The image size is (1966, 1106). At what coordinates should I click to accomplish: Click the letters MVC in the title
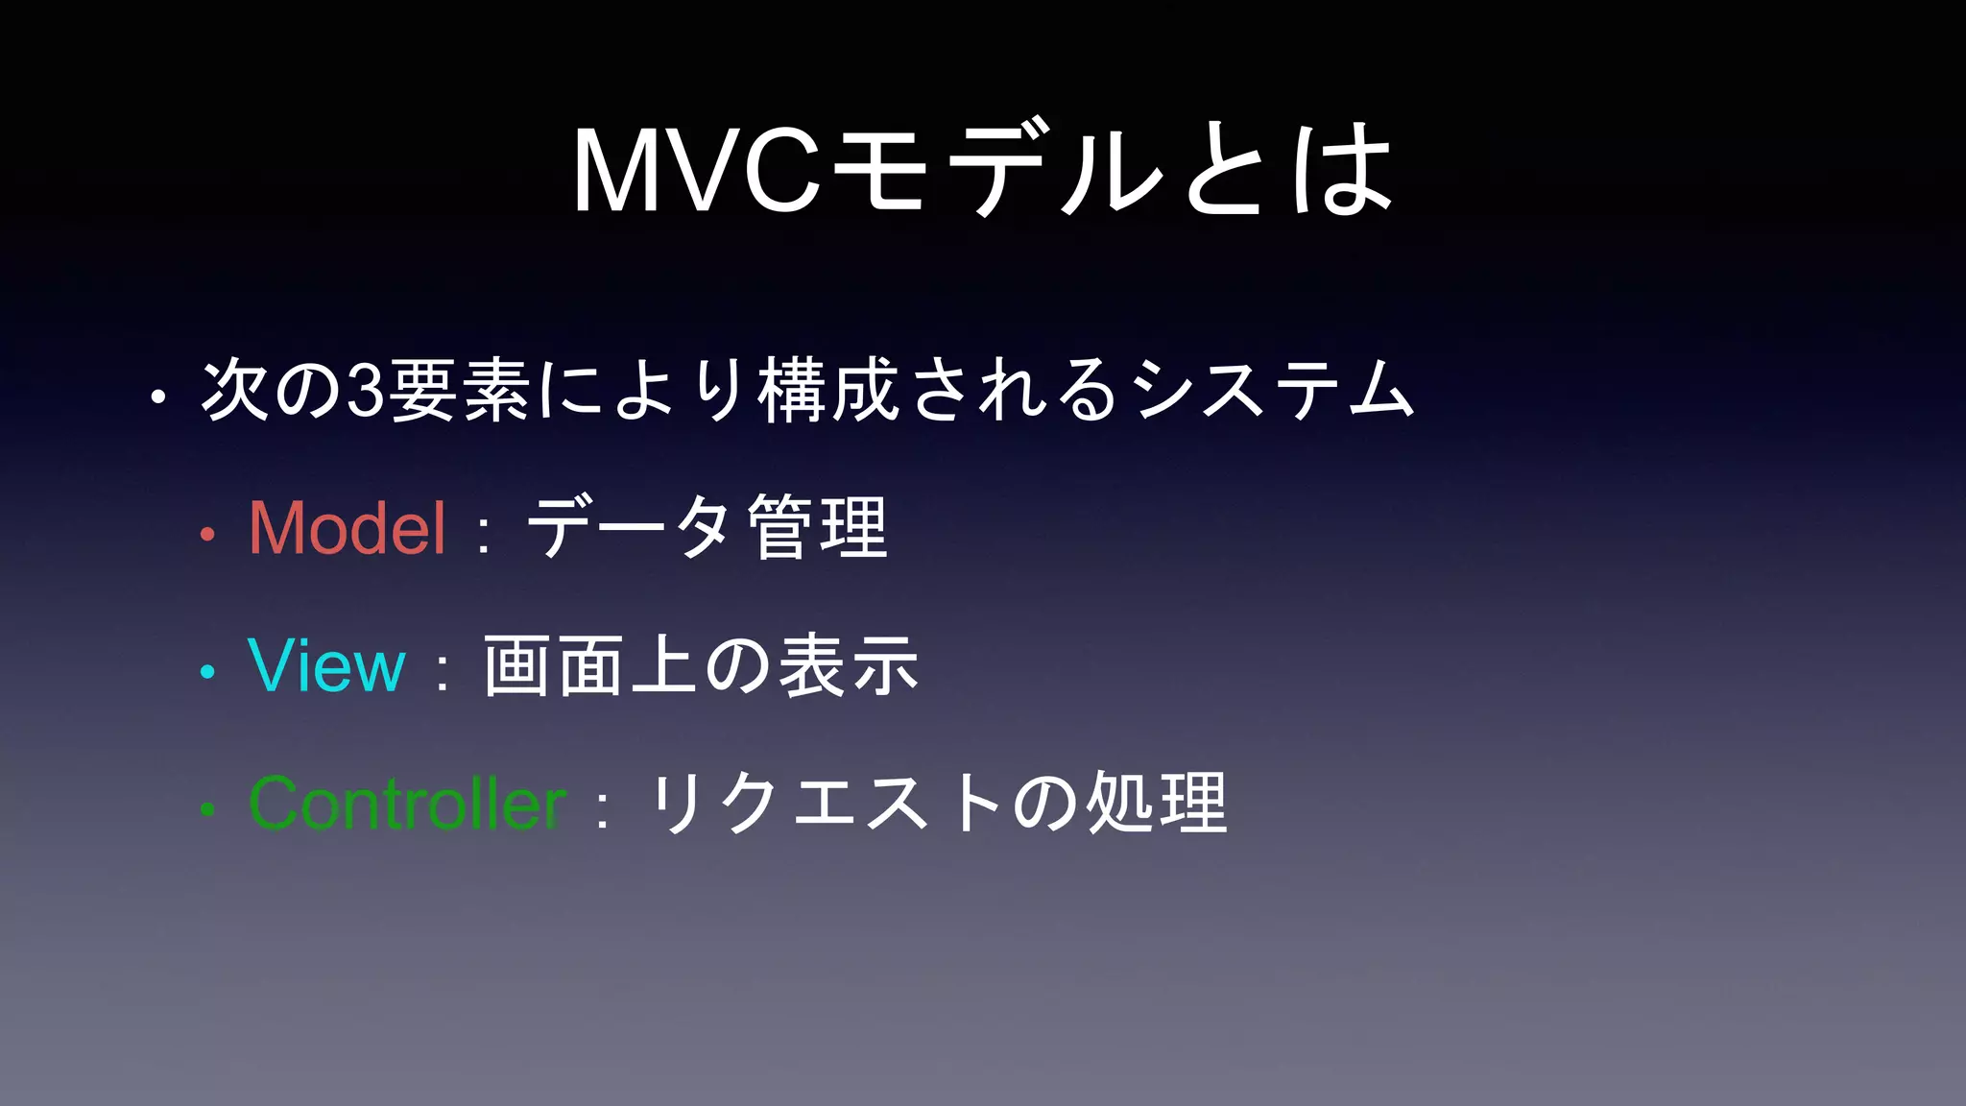697,171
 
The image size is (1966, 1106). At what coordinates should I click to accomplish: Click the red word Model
348,528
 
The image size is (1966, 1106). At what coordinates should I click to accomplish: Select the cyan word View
326,665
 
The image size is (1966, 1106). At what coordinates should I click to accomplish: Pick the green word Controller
407,804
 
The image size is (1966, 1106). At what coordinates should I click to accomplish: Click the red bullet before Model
207,535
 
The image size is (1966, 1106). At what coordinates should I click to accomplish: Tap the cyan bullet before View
207,672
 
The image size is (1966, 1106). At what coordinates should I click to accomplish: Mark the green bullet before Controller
207,810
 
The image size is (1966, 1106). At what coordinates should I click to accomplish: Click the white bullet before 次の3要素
159,397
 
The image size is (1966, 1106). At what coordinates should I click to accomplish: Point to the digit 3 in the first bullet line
365,392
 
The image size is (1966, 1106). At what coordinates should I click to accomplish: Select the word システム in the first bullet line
1273,390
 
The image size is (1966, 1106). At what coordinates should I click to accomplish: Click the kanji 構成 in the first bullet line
828,390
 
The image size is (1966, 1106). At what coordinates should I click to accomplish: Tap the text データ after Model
630,528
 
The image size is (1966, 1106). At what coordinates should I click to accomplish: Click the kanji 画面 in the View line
554,665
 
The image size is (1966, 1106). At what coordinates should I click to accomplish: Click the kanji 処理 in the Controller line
1157,804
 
